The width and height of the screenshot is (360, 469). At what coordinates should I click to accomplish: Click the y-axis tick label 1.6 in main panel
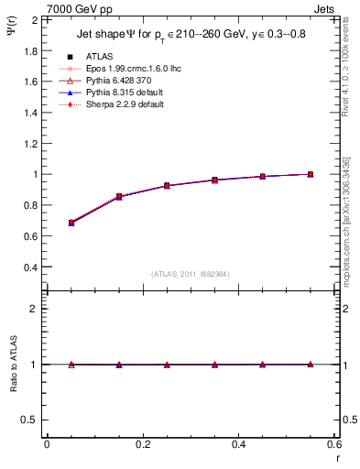pos(27,81)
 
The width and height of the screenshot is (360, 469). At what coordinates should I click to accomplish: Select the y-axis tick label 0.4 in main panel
pos(27,267)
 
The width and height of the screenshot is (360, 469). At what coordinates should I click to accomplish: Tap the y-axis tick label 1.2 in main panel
pos(27,143)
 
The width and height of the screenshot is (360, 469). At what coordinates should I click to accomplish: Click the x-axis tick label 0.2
pos(143,444)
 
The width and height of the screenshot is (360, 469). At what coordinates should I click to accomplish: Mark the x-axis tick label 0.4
pos(239,444)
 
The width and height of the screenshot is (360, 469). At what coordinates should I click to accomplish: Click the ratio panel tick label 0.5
pos(27,420)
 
